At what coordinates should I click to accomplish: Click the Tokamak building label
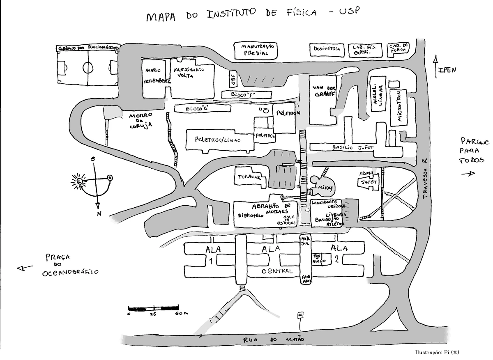pos(248,177)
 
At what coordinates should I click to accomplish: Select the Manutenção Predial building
pos(254,50)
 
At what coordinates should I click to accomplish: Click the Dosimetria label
pos(327,49)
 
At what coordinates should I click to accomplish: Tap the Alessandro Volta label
pos(189,73)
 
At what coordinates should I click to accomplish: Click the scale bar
pos(153,307)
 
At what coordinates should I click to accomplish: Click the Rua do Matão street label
pos(274,339)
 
